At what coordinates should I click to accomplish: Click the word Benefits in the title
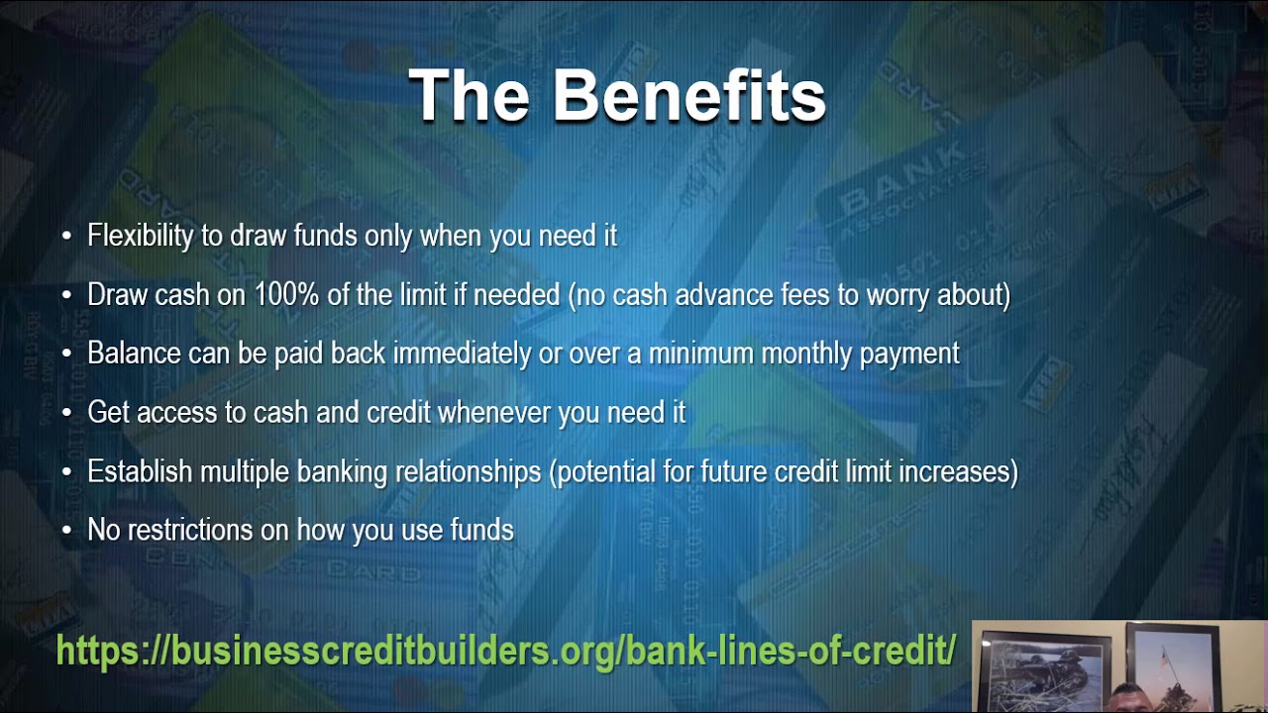pyautogui.click(x=688, y=96)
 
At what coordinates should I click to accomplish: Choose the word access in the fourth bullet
pyautogui.click(x=169, y=412)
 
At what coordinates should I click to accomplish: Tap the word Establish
pyautogui.click(x=140, y=471)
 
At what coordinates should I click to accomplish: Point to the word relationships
pyautogui.click(x=469, y=471)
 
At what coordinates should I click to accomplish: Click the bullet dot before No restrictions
pyautogui.click(x=66, y=531)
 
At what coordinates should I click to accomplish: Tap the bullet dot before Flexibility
pyautogui.click(x=66, y=237)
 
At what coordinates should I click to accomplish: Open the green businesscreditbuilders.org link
pyautogui.click(x=505, y=651)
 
